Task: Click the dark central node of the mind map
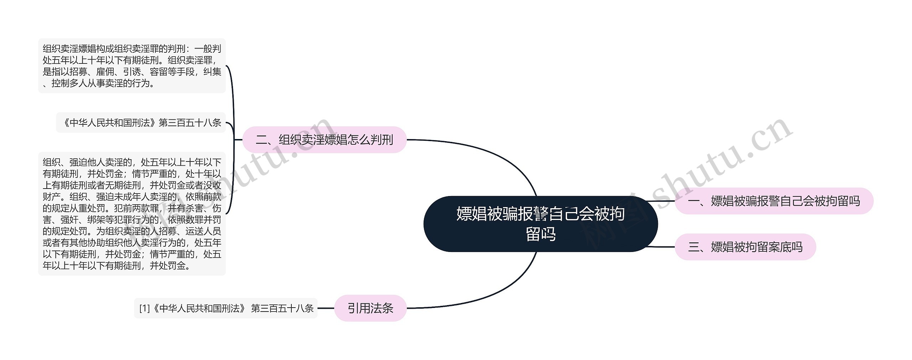point(540,224)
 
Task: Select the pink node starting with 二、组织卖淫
point(324,140)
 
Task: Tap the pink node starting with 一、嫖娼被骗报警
point(774,201)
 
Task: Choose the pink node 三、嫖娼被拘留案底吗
point(745,247)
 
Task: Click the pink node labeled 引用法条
point(370,308)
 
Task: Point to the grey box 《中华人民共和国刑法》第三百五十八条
point(141,123)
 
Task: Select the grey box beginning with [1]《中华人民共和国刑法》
point(226,308)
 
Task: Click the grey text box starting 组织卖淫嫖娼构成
point(132,66)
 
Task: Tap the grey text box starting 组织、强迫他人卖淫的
point(132,214)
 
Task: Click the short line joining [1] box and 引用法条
point(326,308)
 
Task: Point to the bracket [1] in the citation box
point(144,308)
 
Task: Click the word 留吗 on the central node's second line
point(540,234)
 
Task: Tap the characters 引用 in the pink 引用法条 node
point(359,308)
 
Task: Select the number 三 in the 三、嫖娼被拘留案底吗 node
point(693,247)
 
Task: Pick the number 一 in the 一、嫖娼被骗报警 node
point(693,201)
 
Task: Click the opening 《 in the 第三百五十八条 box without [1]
point(66,123)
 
